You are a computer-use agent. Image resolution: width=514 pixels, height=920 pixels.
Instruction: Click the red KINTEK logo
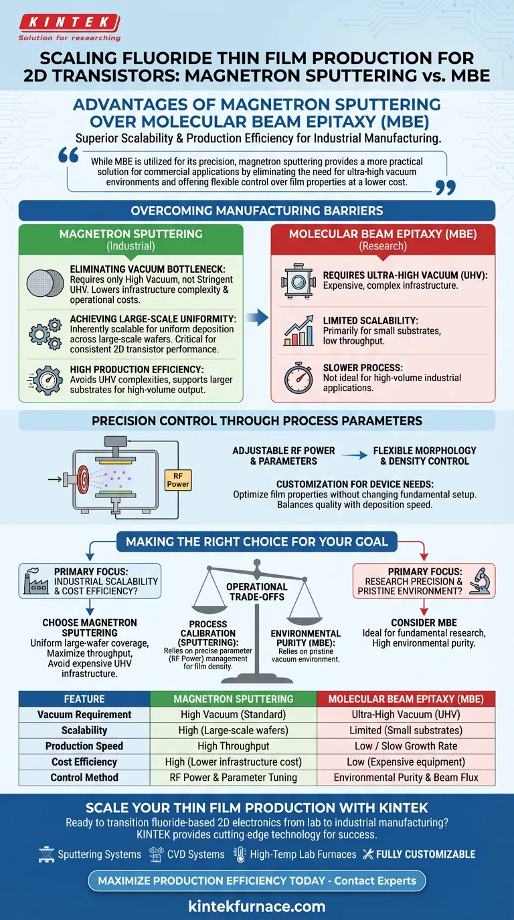70,24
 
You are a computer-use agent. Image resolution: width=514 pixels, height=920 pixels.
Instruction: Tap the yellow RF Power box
177,479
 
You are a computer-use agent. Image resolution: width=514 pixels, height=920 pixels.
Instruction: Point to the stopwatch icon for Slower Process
298,377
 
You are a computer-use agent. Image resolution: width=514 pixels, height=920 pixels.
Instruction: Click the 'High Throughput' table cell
232,745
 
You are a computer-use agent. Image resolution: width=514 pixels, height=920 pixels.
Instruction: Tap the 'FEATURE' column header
84,699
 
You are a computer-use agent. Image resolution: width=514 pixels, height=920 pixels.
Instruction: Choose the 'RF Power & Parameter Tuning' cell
232,778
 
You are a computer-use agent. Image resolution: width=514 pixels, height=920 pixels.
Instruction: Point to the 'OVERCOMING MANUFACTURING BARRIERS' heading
257,211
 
